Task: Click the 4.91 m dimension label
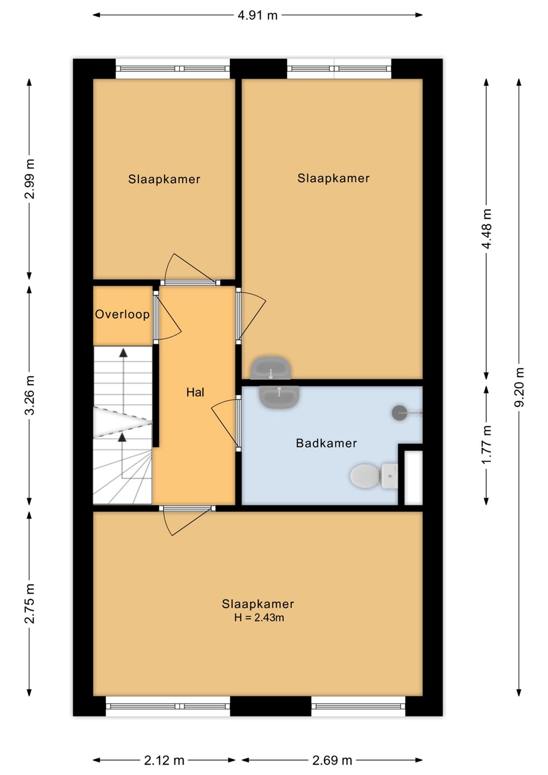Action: point(257,16)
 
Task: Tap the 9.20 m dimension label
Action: point(519,387)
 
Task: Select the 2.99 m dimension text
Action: point(30,179)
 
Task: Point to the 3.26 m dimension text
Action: point(30,394)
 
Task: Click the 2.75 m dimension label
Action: point(30,603)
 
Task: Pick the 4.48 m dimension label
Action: point(487,229)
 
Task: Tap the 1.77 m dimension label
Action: point(487,445)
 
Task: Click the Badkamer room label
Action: point(326,443)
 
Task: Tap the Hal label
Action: point(195,392)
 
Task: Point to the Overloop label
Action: point(123,314)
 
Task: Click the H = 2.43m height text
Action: point(259,618)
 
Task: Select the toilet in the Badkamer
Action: point(374,476)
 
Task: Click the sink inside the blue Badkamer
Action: point(279,397)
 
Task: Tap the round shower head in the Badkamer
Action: point(399,413)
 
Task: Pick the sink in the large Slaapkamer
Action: point(271,368)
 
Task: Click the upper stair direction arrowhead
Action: point(123,353)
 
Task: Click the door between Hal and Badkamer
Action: point(226,424)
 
